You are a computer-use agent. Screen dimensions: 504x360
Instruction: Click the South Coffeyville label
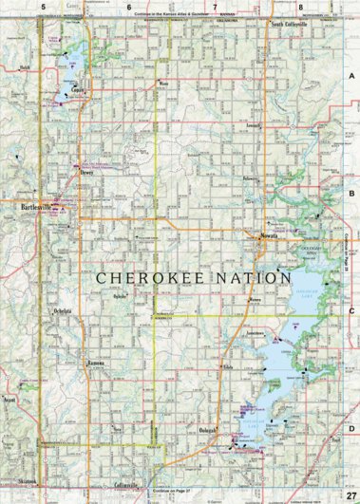[x=290, y=24]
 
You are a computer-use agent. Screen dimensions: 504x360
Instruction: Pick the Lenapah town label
[x=253, y=125]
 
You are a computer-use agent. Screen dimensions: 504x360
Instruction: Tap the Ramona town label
[x=95, y=364]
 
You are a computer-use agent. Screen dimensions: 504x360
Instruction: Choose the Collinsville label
[x=123, y=487]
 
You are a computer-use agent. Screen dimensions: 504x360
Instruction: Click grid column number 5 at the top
[x=43, y=7]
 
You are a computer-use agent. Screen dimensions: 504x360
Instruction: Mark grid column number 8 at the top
[x=300, y=7]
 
